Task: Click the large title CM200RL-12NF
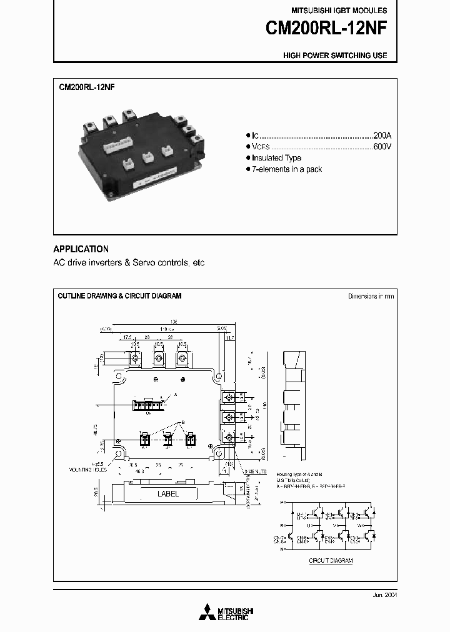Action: click(x=326, y=29)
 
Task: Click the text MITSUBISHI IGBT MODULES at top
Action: click(x=339, y=11)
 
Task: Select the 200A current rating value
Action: click(x=381, y=135)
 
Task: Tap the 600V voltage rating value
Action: click(x=381, y=146)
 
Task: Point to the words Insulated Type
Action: click(x=276, y=158)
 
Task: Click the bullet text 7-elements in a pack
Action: click(x=287, y=169)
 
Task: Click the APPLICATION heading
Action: click(x=81, y=249)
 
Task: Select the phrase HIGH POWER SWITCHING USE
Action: click(x=335, y=56)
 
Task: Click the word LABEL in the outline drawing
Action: click(x=168, y=493)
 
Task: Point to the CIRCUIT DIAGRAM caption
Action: click(x=331, y=561)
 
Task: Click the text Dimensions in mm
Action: click(x=371, y=296)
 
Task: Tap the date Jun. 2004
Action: click(x=383, y=595)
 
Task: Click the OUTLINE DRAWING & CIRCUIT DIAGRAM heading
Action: click(x=119, y=296)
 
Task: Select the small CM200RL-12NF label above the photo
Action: click(x=86, y=89)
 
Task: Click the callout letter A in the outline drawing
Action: click(x=175, y=395)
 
